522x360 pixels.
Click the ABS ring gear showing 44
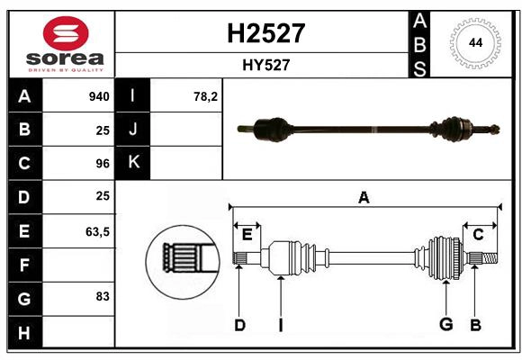point(473,42)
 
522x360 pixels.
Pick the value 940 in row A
point(98,96)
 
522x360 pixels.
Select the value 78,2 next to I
point(206,96)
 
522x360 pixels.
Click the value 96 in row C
point(102,164)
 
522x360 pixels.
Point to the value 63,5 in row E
point(97,231)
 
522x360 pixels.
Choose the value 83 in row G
point(102,296)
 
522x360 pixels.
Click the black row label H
point(24,332)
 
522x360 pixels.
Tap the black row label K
point(133,163)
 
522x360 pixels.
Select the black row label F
point(24,265)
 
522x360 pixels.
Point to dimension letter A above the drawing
point(364,197)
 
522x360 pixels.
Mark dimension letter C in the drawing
point(479,235)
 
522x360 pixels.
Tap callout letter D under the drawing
point(239,325)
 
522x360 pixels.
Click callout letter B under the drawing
point(476,325)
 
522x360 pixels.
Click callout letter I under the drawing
point(280,325)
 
